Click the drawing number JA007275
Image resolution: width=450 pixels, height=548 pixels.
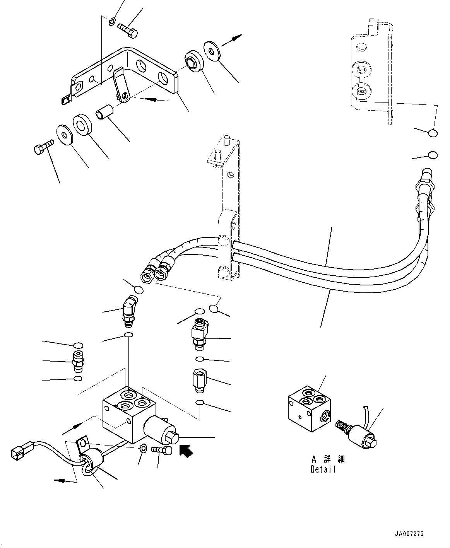[409, 534]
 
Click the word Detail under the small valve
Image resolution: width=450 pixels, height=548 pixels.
[323, 469]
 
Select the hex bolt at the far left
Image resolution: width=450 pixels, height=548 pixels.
[42, 148]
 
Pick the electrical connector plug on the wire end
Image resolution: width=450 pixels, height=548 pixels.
[18, 453]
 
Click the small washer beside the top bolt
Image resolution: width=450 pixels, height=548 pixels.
[112, 20]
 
